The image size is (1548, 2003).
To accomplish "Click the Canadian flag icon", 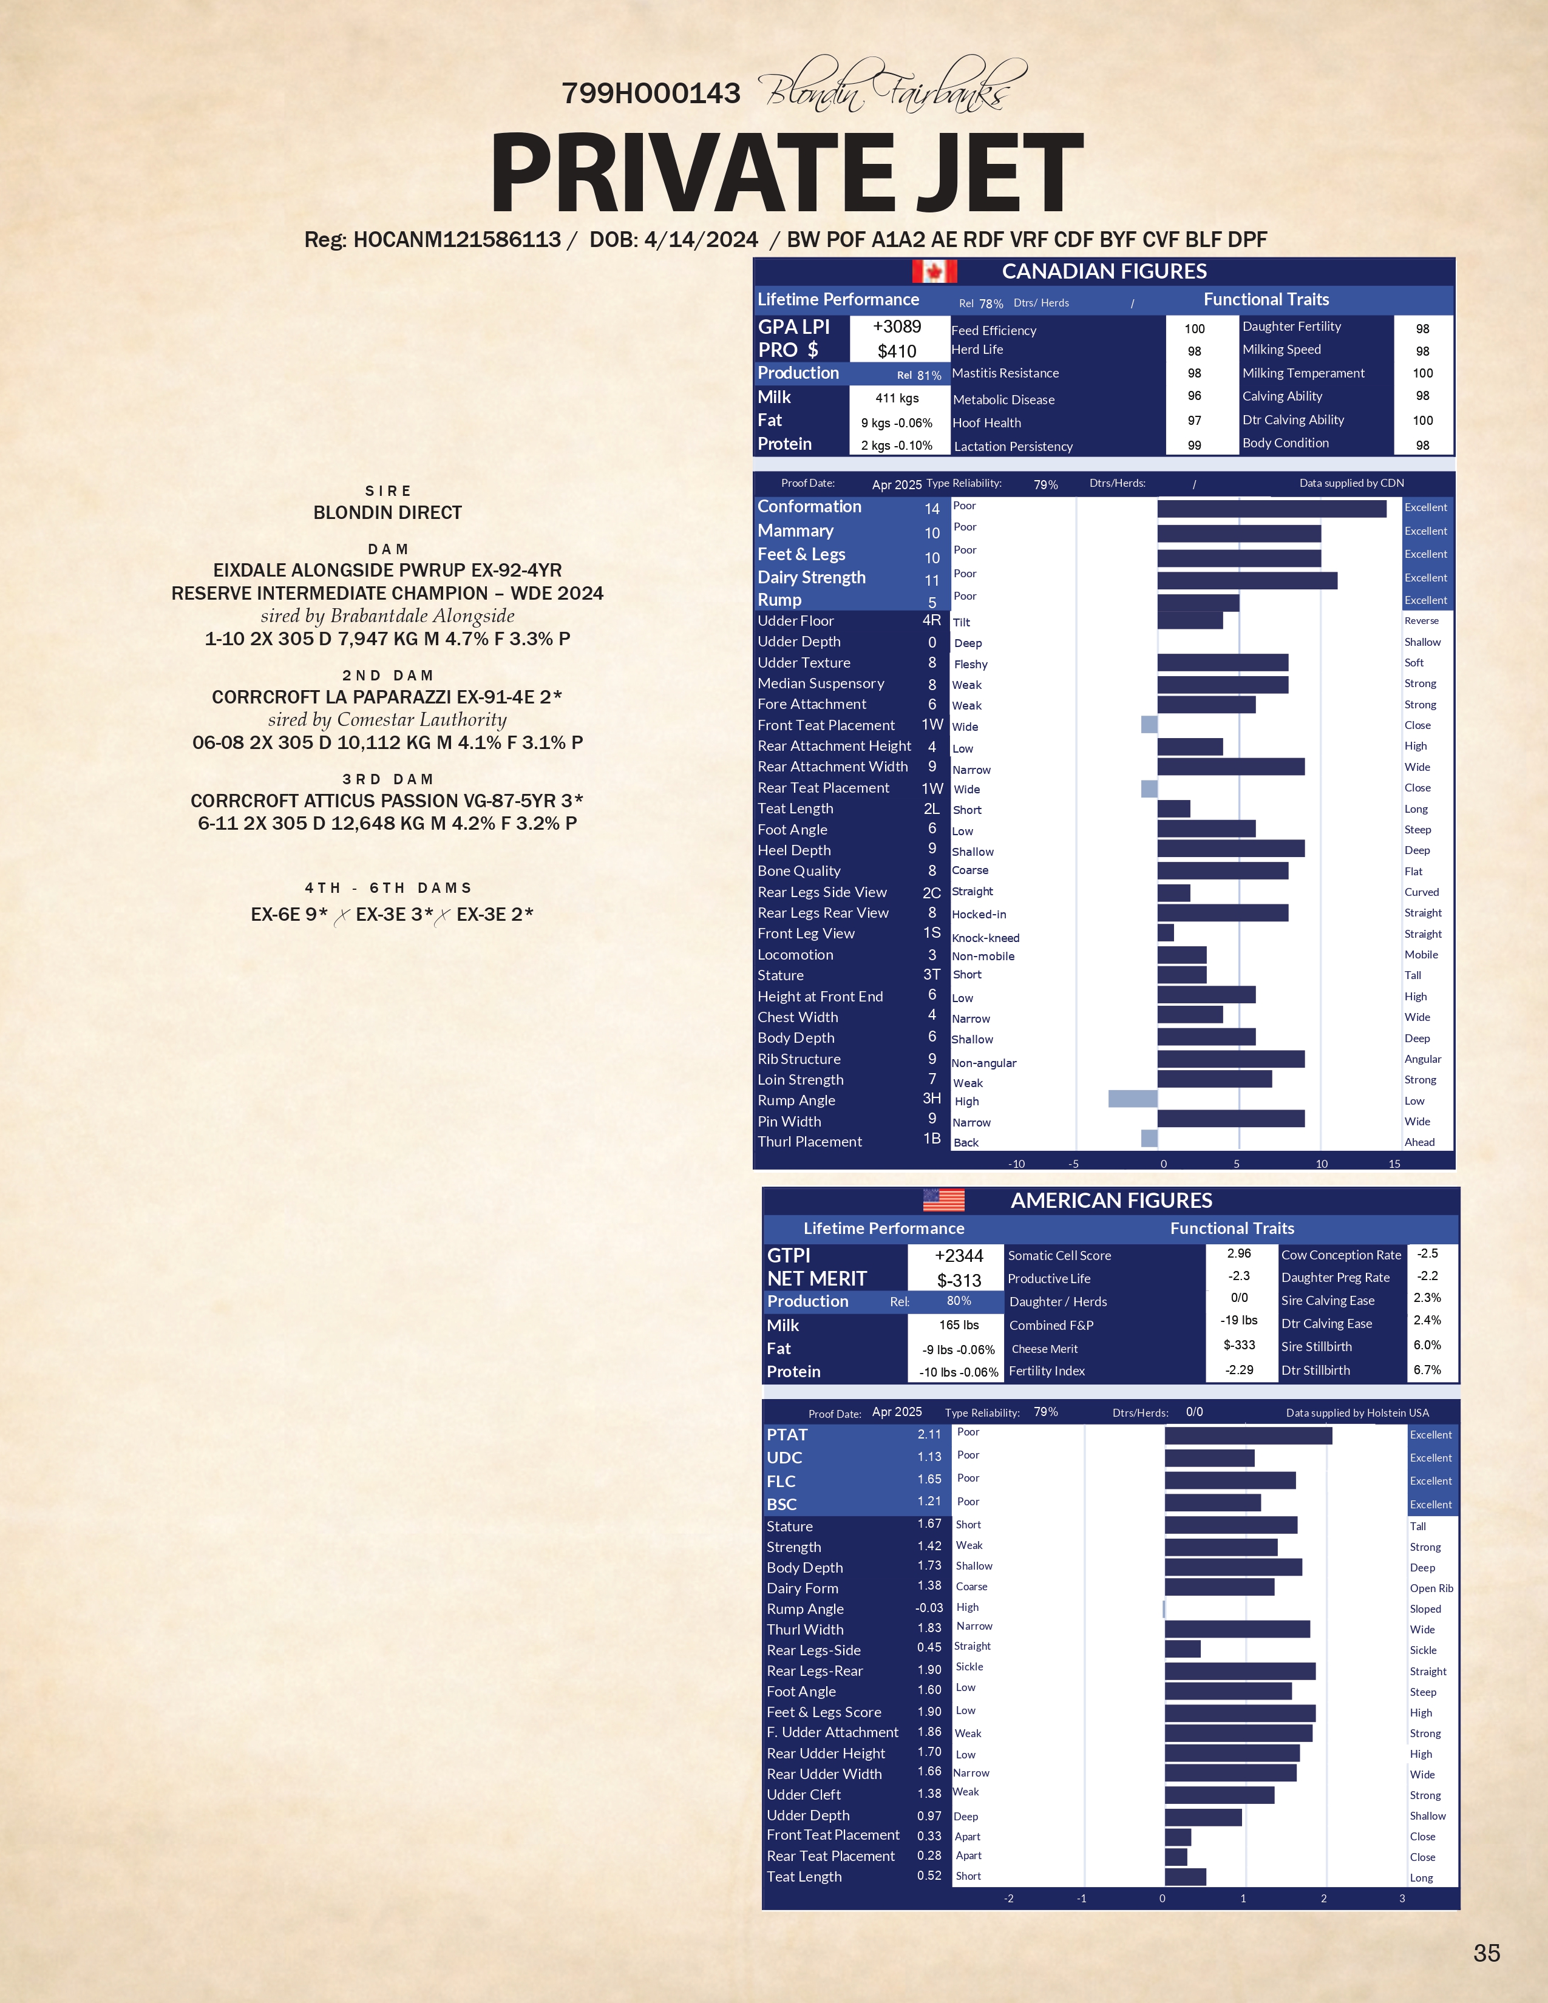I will [934, 271].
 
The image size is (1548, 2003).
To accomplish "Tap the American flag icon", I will [943, 1199].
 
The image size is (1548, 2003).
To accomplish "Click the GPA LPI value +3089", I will [897, 327].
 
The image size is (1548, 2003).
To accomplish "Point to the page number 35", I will [1485, 1953].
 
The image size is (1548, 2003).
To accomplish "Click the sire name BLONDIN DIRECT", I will [388, 513].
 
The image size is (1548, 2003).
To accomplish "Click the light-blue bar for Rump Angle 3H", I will [1133, 1099].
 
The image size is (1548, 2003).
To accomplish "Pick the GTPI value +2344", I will [959, 1256].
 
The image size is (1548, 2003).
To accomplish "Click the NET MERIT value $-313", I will [959, 1280].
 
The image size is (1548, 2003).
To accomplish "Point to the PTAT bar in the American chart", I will [1248, 1435].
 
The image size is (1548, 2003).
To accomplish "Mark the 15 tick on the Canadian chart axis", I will [1394, 1164].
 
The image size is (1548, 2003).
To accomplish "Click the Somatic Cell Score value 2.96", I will [1239, 1254].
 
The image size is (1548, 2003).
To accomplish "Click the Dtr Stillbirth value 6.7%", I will [1427, 1370].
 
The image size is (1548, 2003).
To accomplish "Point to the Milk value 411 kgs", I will [897, 398].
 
